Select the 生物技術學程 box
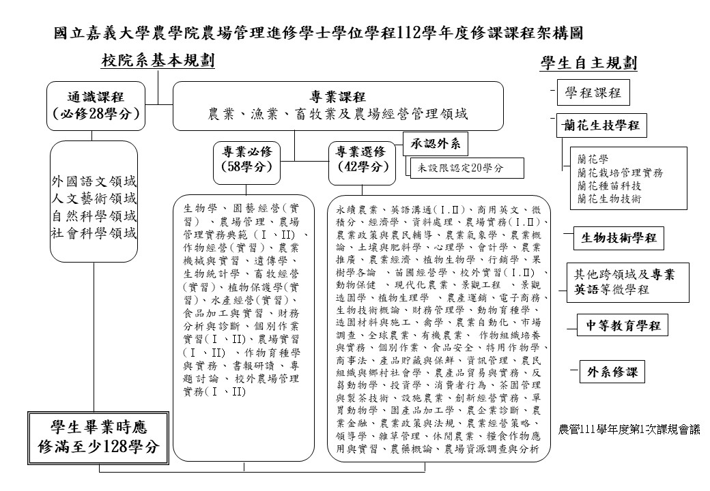click(x=618, y=237)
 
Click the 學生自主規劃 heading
click(x=588, y=63)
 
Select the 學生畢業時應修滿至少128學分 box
click(x=96, y=437)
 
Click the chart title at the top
click(x=318, y=32)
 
